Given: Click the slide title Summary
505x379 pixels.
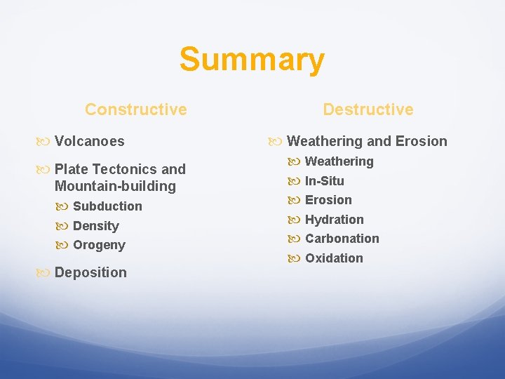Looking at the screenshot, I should click(x=252, y=60).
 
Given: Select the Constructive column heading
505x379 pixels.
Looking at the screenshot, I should click(x=135, y=109).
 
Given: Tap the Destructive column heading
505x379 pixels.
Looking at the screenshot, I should click(x=368, y=109).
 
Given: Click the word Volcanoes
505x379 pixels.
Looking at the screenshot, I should click(x=89, y=141).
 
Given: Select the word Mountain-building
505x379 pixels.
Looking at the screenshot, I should click(x=115, y=186).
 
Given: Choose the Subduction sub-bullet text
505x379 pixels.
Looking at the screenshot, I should click(x=107, y=206).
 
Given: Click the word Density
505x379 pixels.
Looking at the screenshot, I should click(x=96, y=226).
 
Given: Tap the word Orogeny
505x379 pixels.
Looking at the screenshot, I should click(x=99, y=245).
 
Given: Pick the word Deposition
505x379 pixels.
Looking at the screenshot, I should click(x=90, y=272).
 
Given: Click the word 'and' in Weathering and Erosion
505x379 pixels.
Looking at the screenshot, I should click(x=379, y=141).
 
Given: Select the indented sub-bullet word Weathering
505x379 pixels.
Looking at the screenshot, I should click(x=339, y=161).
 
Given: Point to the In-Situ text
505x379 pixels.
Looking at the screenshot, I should click(x=325, y=181).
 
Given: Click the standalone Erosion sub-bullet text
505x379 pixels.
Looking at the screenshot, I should click(x=328, y=200).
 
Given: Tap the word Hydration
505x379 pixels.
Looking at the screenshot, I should click(x=335, y=220).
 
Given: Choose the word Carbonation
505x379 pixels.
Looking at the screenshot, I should click(x=342, y=239).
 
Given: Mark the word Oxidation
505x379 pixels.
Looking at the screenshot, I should click(x=334, y=258).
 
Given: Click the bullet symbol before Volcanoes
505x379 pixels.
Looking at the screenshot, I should click(x=44, y=142).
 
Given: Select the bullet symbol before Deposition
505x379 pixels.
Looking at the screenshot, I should click(x=44, y=273).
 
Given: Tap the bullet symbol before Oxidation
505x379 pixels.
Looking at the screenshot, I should click(x=295, y=259).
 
